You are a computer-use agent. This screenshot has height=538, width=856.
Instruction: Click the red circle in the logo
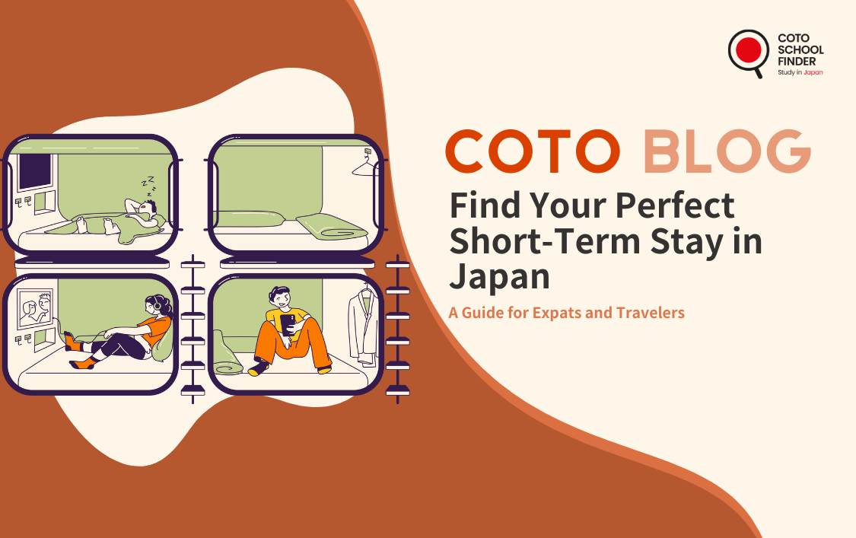point(748,50)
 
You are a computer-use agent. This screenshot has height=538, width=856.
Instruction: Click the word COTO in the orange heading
point(533,151)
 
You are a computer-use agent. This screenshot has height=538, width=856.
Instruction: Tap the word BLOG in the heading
point(727,151)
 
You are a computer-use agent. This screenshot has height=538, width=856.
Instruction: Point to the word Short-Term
point(546,241)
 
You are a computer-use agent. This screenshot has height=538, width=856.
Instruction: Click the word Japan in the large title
point(499,278)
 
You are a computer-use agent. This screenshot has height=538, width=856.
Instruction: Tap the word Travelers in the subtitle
point(651,313)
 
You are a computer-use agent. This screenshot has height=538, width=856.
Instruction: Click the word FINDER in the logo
point(797,61)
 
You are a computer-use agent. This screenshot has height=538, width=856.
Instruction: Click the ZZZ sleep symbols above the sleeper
point(149,186)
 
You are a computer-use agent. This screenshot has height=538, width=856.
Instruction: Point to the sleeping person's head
point(148,209)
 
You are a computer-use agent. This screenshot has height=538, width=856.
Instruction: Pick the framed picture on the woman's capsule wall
point(36,309)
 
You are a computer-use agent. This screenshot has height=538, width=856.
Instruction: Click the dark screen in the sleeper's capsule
point(36,171)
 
